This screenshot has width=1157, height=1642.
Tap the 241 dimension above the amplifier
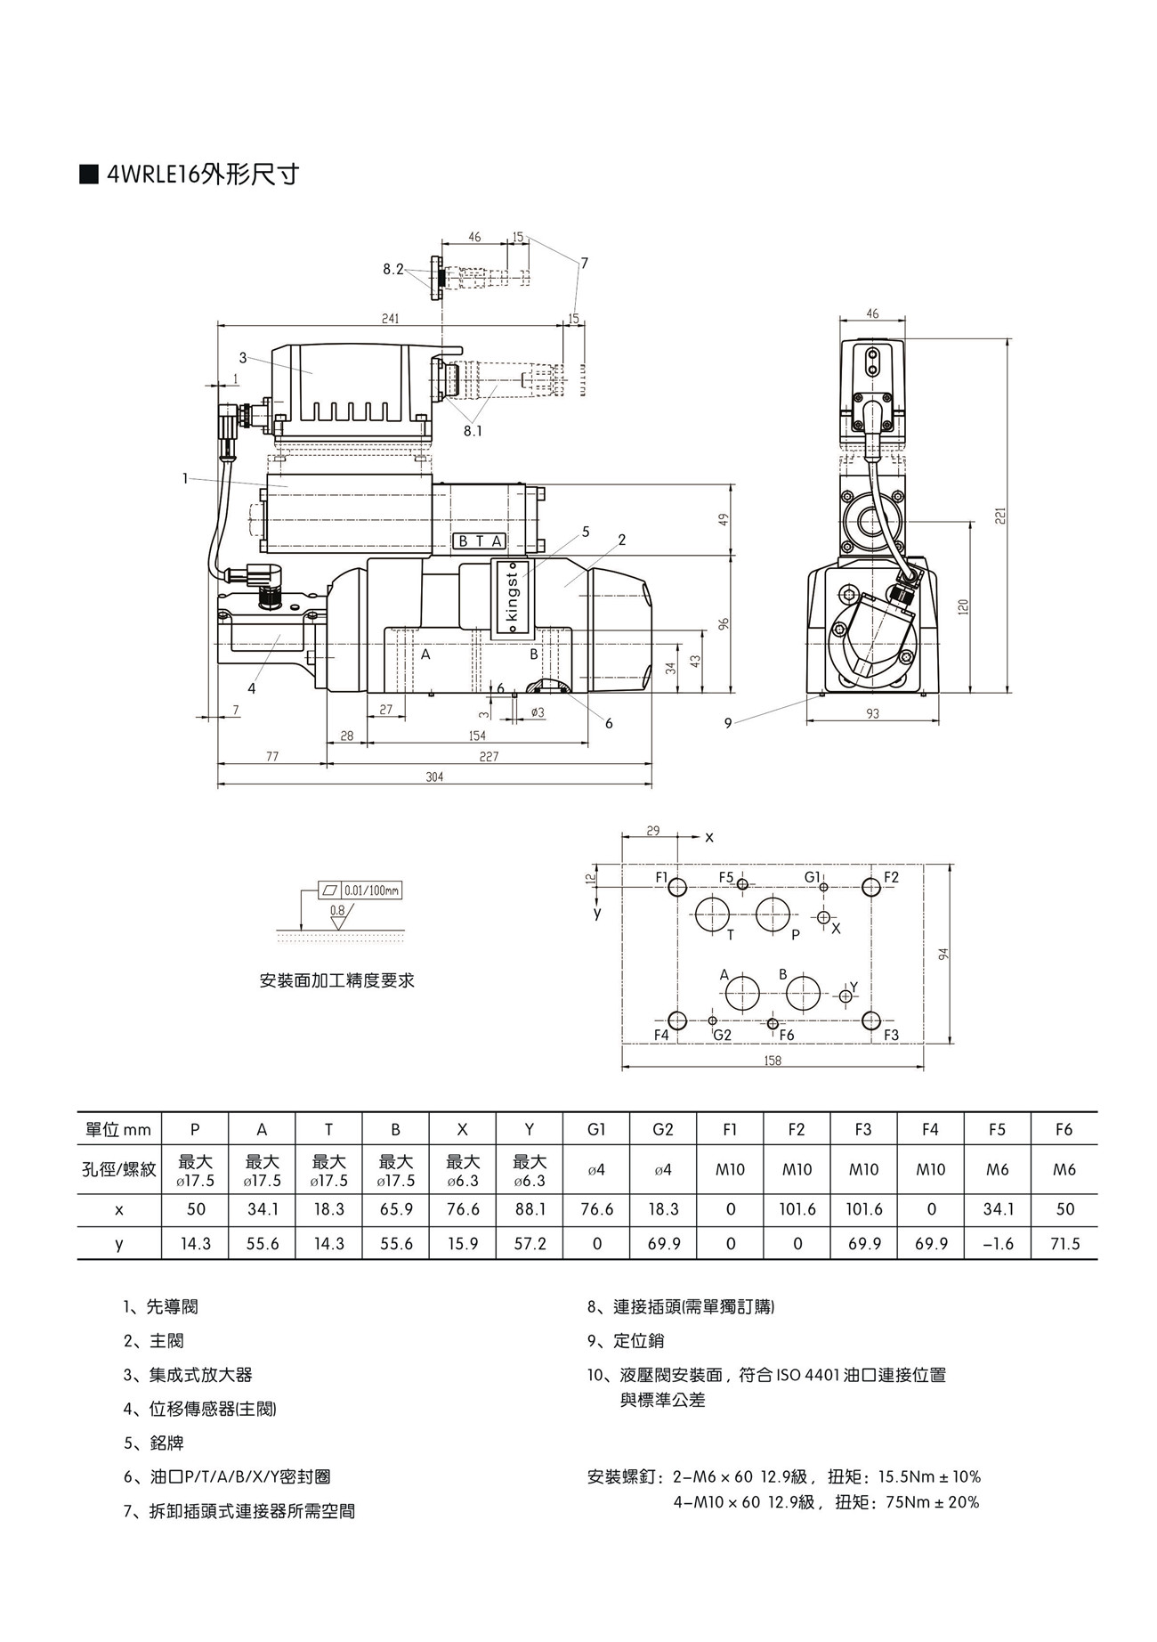pos(390,319)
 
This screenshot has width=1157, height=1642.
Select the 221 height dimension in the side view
pos(1000,516)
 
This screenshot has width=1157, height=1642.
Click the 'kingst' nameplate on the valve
pos(512,597)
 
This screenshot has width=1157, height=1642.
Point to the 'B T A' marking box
pos(480,541)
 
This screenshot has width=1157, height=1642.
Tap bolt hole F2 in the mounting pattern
pos(871,887)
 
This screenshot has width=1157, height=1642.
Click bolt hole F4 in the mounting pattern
pos(676,1020)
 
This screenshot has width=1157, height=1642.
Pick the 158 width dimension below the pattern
pos(773,1061)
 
